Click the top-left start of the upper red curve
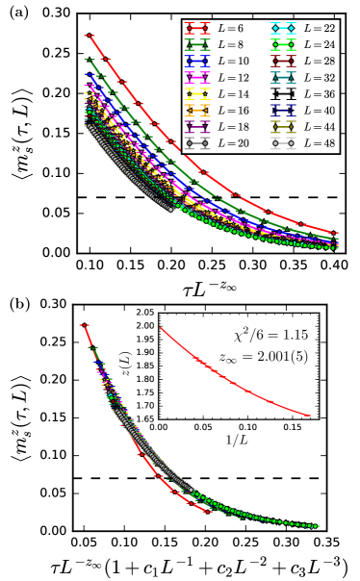point(88,36)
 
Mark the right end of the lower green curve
point(319,526)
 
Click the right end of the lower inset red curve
point(311,416)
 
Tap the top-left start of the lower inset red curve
point(160,328)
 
